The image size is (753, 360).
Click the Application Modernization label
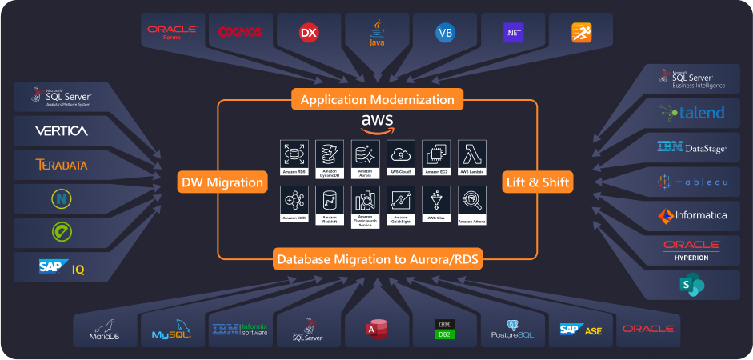[x=376, y=100]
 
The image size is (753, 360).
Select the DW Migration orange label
[x=221, y=182]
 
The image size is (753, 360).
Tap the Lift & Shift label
[x=538, y=182]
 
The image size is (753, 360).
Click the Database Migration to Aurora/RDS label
[x=378, y=259]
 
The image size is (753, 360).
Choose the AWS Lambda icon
[x=472, y=154]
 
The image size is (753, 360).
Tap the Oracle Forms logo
[x=171, y=32]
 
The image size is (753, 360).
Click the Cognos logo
[x=240, y=32]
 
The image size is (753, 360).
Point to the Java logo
[x=376, y=32]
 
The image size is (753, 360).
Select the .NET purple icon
[x=513, y=33]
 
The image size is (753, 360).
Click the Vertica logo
[x=62, y=130]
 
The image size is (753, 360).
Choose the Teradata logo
[x=62, y=165]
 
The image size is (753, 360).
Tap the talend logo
[x=692, y=113]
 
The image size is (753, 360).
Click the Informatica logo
[x=692, y=215]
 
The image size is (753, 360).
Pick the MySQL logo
[x=172, y=330]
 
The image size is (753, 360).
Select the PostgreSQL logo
[x=513, y=330]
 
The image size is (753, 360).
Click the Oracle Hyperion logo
[x=692, y=250]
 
